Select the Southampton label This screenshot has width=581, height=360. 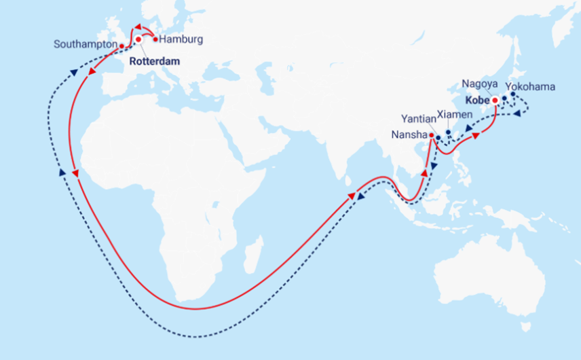pyautogui.click(x=85, y=45)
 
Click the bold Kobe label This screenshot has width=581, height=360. pyautogui.click(x=478, y=101)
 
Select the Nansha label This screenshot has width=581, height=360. pyautogui.click(x=409, y=134)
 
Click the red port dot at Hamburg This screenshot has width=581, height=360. pyautogui.click(x=155, y=39)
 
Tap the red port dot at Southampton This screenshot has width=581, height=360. pyautogui.click(x=121, y=46)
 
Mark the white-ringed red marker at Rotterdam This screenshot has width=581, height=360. pyautogui.click(x=138, y=39)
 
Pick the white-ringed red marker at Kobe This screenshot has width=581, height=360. pyautogui.click(x=495, y=101)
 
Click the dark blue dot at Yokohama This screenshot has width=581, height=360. pyautogui.click(x=513, y=94)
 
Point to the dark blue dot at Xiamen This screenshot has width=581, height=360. pyautogui.click(x=448, y=133)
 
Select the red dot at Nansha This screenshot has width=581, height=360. pyautogui.click(x=431, y=134)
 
